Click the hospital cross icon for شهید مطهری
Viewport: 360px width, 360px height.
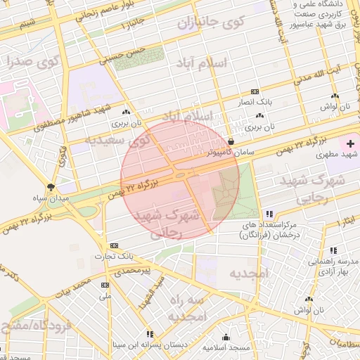[x=351, y=143]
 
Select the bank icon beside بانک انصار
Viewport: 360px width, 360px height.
[x=255, y=92]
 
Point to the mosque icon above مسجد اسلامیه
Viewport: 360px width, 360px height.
[x=226, y=337]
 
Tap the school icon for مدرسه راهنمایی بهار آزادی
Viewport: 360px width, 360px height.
[x=333, y=250]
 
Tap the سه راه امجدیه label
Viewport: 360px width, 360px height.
[x=186, y=308]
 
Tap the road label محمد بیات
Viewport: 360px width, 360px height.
[x=75, y=286]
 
